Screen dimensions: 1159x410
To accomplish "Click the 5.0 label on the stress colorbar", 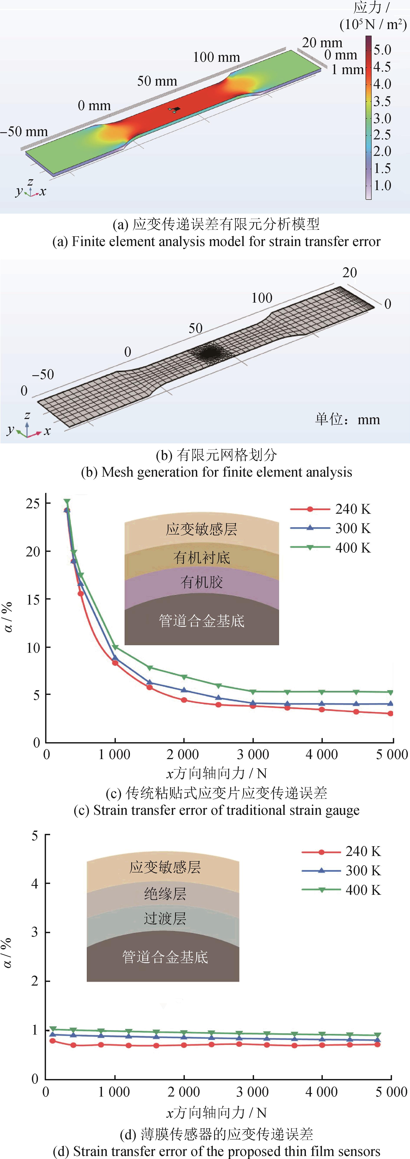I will click(382, 49).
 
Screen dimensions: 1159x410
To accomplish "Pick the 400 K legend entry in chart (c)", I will click(331, 548).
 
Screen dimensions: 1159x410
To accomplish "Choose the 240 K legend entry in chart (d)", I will click(341, 851).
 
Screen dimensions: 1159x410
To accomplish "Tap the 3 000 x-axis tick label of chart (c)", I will click(253, 755).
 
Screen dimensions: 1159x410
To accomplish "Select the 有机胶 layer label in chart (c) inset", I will click(202, 582).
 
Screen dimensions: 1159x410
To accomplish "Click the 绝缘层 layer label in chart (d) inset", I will click(165, 893).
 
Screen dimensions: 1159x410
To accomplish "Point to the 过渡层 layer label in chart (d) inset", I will click(165, 918).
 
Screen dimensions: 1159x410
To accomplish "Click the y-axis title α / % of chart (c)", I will click(8, 617).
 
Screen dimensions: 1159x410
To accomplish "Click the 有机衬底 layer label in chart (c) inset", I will click(202, 558).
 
